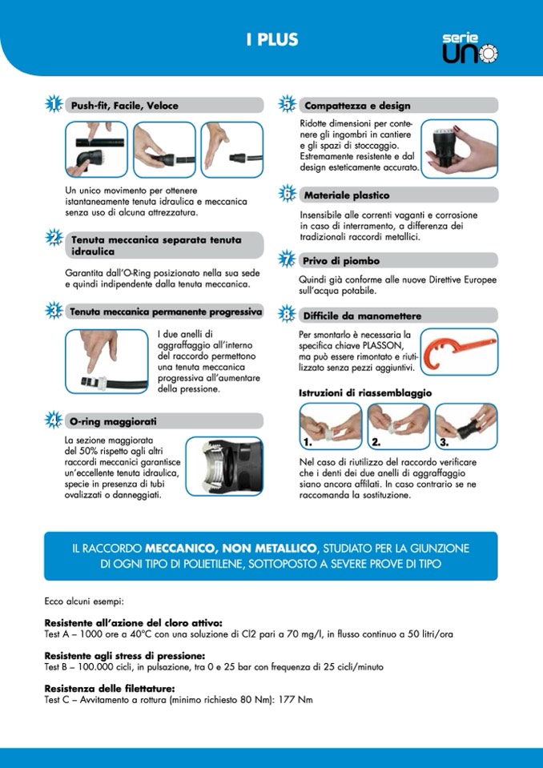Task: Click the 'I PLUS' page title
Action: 272,39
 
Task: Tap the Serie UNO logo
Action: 470,49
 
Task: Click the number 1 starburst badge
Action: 54,105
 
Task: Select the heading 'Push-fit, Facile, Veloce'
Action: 125,105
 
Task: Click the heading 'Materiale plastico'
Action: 347,195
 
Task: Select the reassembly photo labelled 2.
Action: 399,426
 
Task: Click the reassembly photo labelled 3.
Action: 466,426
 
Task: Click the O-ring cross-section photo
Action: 224,466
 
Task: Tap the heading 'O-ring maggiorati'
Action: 113,421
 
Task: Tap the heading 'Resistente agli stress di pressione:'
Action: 125,656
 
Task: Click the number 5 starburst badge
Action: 287,104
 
